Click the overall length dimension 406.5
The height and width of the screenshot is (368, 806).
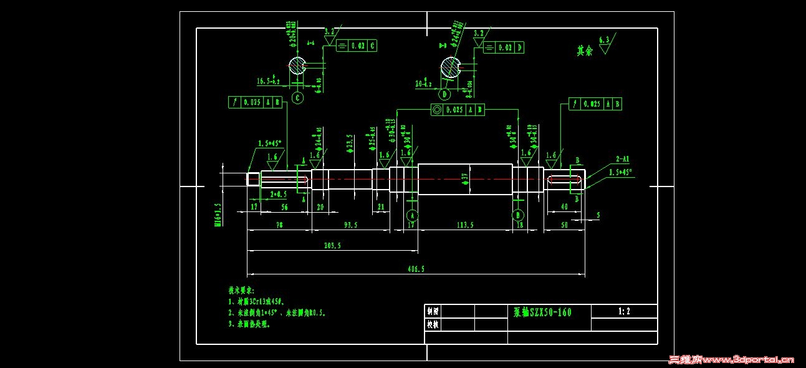click(x=416, y=269)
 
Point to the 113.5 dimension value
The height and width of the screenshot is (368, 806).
click(x=462, y=225)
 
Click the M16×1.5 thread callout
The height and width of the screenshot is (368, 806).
click(x=218, y=214)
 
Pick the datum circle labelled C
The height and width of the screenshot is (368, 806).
click(x=297, y=98)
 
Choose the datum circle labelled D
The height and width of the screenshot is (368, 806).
click(x=444, y=94)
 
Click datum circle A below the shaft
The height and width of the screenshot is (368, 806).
click(x=411, y=215)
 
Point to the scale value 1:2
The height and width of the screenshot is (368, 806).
click(x=623, y=311)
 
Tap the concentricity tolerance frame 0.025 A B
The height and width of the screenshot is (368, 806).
click(x=458, y=110)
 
